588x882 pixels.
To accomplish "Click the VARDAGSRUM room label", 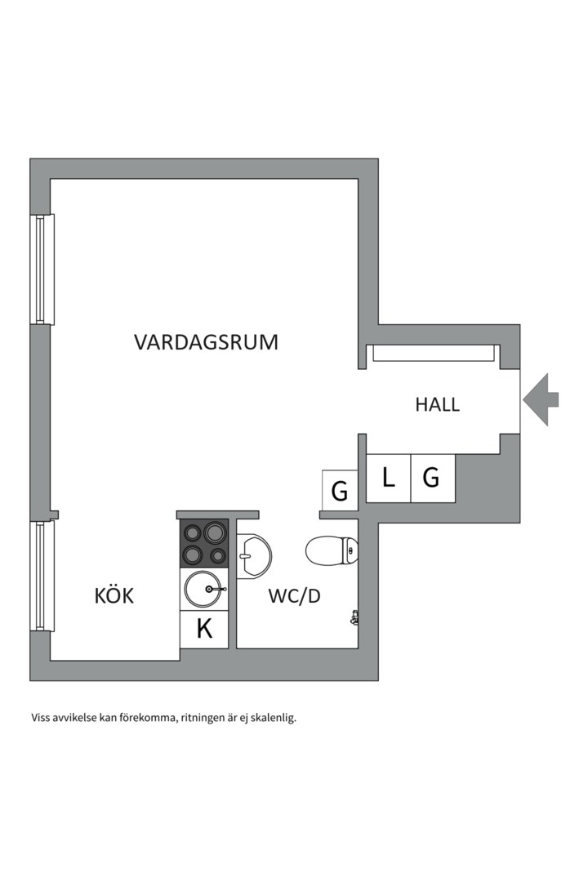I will coord(206,341).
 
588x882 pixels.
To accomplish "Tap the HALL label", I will coord(437,403).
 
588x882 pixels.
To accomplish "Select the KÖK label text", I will coord(114,596).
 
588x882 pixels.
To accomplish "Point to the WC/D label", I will coord(294,596).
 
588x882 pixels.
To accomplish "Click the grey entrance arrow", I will coord(541,399).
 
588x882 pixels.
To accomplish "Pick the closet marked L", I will coord(388,478).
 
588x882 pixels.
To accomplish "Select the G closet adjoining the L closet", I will coord(432,478).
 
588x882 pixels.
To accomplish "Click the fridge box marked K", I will coord(204,629).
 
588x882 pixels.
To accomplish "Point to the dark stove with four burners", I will coord(204,543).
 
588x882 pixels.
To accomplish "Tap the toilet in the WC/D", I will coord(332,550).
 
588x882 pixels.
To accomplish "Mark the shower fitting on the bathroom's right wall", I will coord(354,617).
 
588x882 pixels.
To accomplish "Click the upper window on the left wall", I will coord(42,269).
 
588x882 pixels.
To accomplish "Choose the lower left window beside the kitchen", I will coord(42,576).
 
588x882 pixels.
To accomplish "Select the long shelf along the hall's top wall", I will coord(433,353).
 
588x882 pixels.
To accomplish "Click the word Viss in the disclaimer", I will coord(42,719).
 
